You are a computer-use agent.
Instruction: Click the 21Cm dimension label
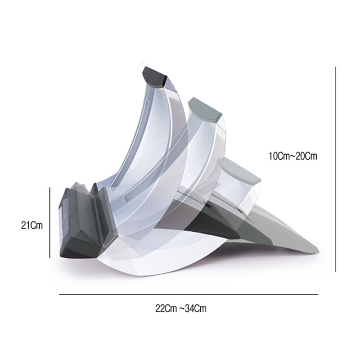coord(32,225)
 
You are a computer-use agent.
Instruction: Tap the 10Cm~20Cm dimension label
coord(293,156)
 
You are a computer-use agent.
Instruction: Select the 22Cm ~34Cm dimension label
coord(181,308)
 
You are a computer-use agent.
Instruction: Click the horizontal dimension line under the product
coord(189,295)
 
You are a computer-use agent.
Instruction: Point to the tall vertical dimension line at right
coord(336,169)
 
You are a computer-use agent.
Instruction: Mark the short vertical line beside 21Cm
coord(49,222)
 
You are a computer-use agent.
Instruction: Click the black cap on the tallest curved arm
coord(154,76)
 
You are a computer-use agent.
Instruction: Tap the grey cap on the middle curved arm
coord(205,110)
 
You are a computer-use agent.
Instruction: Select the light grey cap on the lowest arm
coord(239,171)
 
